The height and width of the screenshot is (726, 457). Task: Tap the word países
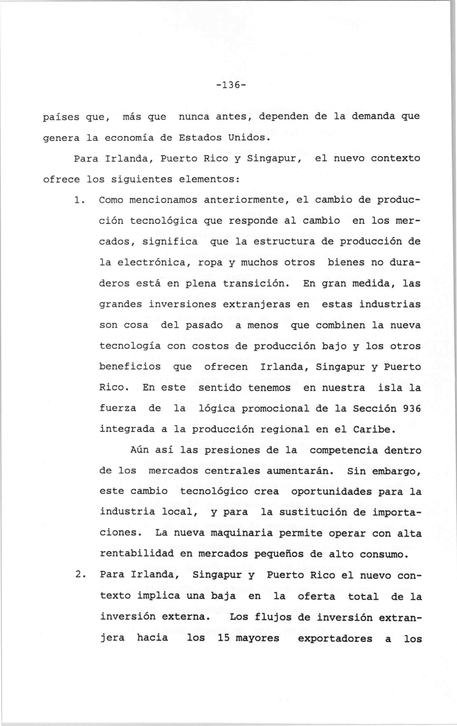(x=61, y=117)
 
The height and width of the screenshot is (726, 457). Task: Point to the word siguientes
(x=142, y=180)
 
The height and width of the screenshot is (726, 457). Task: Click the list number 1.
(x=78, y=200)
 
